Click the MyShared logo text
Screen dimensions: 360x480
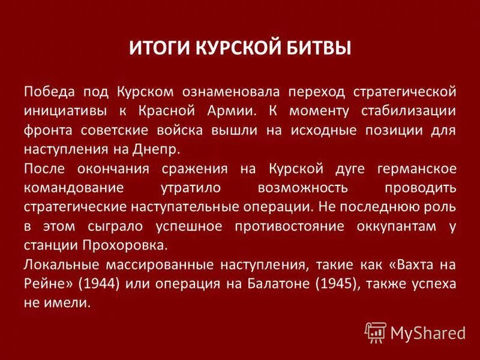point(428,332)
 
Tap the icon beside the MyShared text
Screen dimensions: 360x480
point(376,332)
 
